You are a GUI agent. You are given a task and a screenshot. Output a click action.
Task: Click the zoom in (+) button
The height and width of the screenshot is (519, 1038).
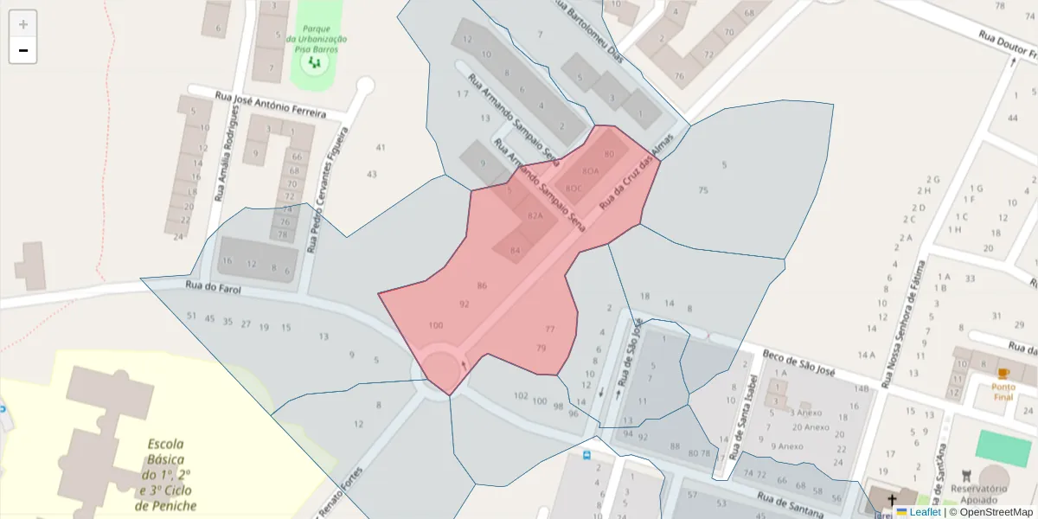[22, 24]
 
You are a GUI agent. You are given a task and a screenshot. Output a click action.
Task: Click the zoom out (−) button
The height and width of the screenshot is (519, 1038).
[22, 50]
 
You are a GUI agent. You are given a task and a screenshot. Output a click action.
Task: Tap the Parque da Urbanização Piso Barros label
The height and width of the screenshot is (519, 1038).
[317, 39]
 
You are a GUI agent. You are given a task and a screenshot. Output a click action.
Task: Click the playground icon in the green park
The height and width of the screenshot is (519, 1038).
[317, 63]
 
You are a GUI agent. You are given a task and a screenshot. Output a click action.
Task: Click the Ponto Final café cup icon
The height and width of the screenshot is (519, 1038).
[1003, 374]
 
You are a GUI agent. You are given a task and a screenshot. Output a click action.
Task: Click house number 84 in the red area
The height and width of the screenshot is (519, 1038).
[516, 251]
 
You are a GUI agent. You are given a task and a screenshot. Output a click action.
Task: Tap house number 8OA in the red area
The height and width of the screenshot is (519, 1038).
[591, 171]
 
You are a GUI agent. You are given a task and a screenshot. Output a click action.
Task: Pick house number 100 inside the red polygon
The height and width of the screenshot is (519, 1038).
[435, 325]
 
